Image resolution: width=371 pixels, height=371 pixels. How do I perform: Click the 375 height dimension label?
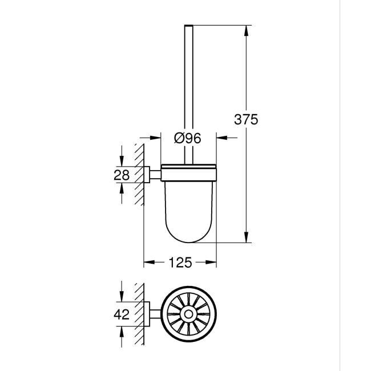click(x=247, y=120)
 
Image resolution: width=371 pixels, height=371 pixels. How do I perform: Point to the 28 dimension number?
click(x=122, y=175)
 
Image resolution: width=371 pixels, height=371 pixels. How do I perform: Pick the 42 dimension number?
click(x=122, y=313)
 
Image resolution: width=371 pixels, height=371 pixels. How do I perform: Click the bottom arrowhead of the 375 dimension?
click(x=246, y=238)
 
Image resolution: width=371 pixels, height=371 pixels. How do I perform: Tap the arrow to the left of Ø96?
click(x=154, y=138)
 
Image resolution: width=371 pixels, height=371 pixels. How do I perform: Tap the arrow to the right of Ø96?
click(x=222, y=138)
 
